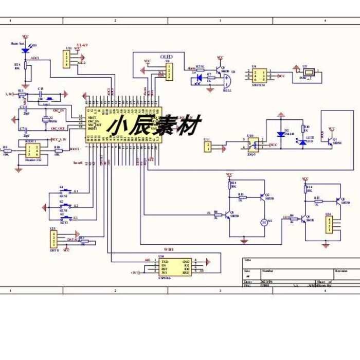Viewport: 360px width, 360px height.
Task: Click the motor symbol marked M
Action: coord(264,222)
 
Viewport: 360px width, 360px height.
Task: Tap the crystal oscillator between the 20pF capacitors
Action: coord(46,120)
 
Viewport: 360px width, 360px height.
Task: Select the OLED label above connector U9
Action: coord(166,57)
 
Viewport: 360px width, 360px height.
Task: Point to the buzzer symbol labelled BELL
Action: coord(227,80)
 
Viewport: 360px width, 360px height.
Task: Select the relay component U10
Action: coord(252,145)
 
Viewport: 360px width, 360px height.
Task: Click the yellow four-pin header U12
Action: coord(68,59)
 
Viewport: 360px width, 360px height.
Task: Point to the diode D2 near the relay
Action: coord(281,134)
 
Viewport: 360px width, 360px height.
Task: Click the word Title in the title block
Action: coord(248,260)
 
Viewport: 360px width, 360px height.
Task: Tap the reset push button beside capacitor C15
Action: coord(50,97)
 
